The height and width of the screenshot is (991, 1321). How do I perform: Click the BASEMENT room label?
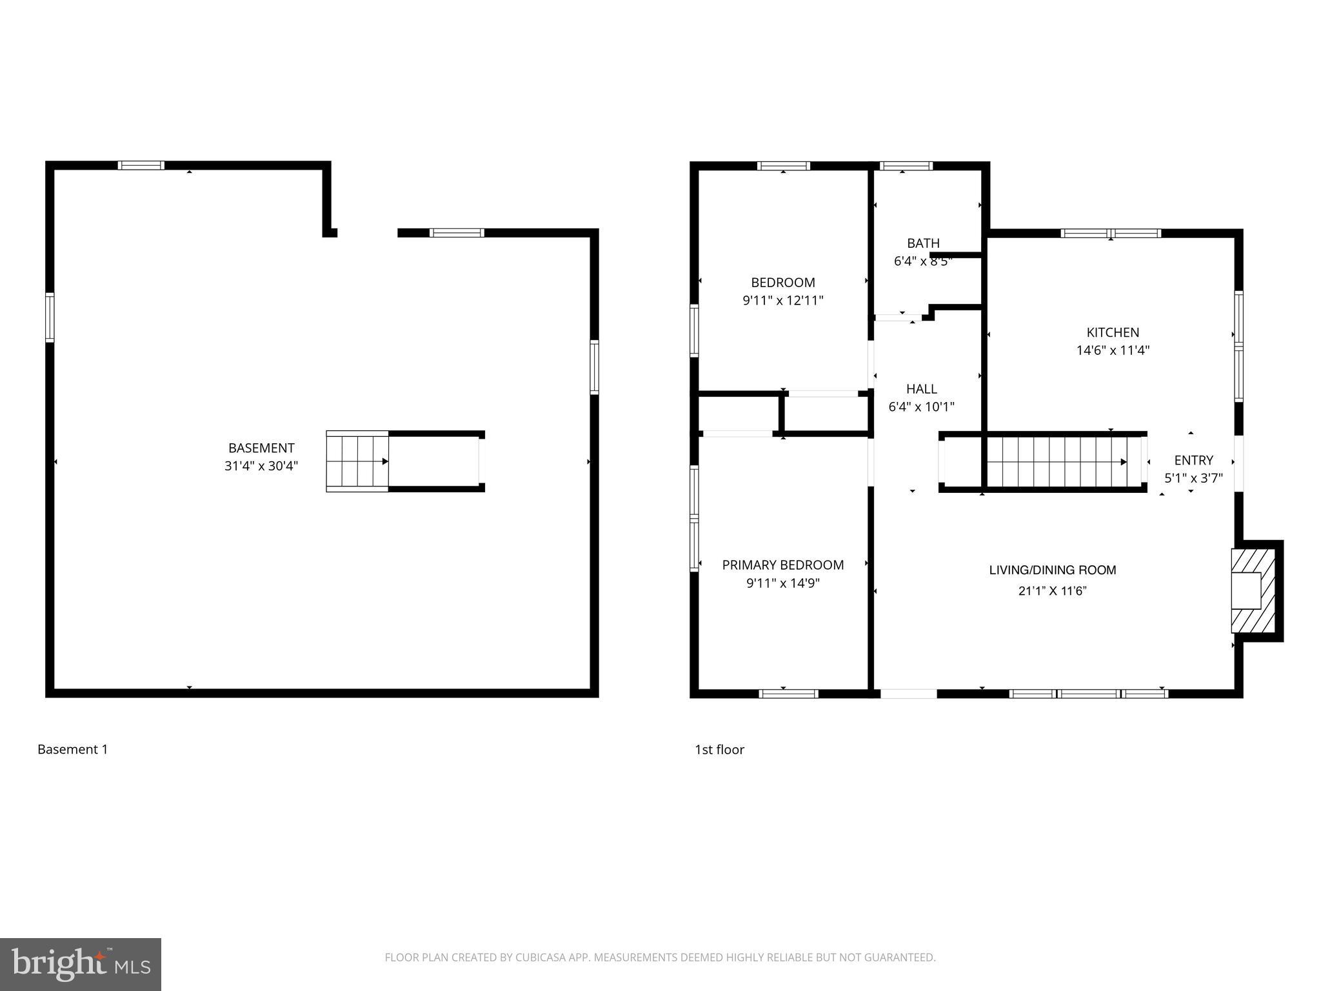tap(261, 448)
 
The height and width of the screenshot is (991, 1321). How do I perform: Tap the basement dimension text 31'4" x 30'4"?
tap(261, 466)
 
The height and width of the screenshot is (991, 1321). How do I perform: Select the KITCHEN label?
tap(1113, 332)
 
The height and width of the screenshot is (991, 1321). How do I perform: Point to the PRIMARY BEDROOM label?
tap(782, 565)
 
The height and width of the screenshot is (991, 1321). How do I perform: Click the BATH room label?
tap(923, 243)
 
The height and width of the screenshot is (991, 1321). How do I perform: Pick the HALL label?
tap(921, 389)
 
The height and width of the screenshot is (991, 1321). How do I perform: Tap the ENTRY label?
tap(1193, 460)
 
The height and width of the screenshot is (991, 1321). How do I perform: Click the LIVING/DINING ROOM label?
tap(1052, 570)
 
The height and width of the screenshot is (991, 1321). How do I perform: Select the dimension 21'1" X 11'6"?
tap(1052, 590)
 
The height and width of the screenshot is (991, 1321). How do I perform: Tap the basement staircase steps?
tap(357, 461)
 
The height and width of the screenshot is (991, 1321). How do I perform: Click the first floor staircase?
tap(1058, 461)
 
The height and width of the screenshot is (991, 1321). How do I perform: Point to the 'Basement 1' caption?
tap(73, 750)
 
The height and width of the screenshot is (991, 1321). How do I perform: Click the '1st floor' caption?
tap(719, 750)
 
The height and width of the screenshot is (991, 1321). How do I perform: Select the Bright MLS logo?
tap(81, 964)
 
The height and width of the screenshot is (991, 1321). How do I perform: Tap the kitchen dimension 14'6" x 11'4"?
tap(1113, 351)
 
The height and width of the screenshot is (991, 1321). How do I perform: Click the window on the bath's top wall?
tap(906, 166)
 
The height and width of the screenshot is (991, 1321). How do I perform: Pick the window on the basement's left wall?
tap(50, 317)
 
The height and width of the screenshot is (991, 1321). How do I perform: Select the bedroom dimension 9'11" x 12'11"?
tap(782, 301)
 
